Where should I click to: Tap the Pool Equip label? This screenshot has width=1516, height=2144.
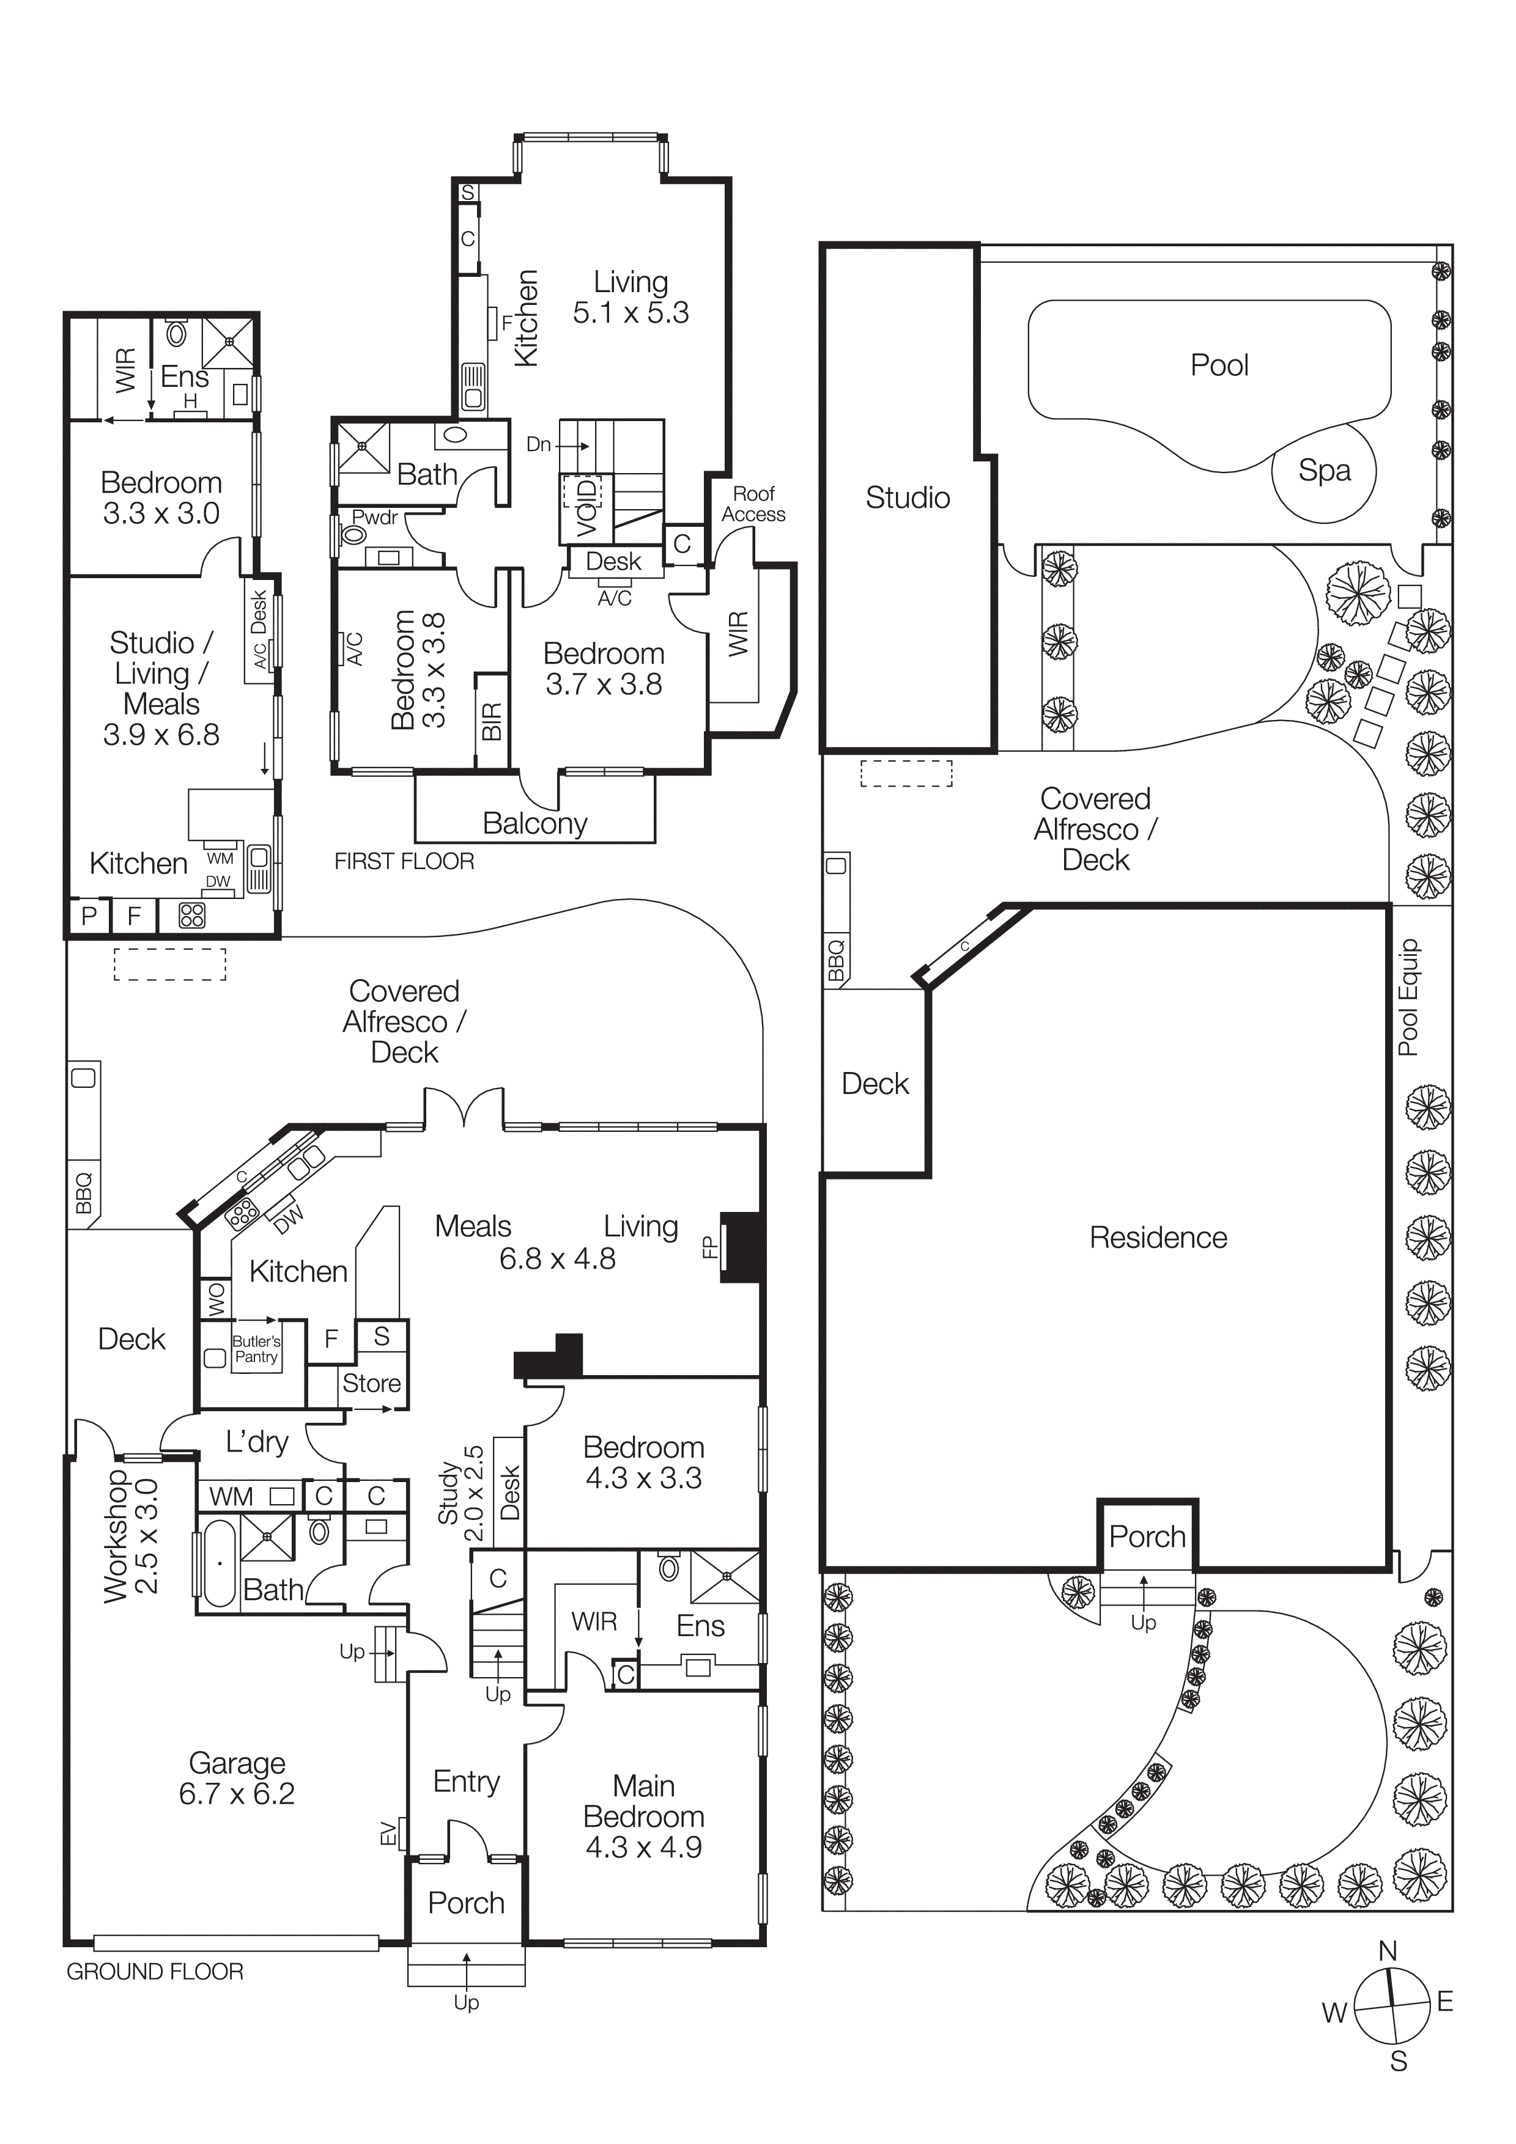click(x=1408, y=997)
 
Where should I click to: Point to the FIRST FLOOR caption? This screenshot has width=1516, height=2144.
click(x=404, y=862)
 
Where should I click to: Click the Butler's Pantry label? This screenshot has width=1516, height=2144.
click(x=256, y=1349)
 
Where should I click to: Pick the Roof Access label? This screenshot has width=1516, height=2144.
click(x=753, y=504)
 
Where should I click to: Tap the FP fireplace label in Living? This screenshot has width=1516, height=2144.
click(x=709, y=1247)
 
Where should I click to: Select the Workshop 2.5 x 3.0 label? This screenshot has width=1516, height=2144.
click(x=131, y=1536)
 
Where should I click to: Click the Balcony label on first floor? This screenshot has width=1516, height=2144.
click(x=534, y=824)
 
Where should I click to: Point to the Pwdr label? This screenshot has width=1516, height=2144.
click(x=374, y=517)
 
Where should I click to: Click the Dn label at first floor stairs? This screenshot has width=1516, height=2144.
click(x=538, y=444)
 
